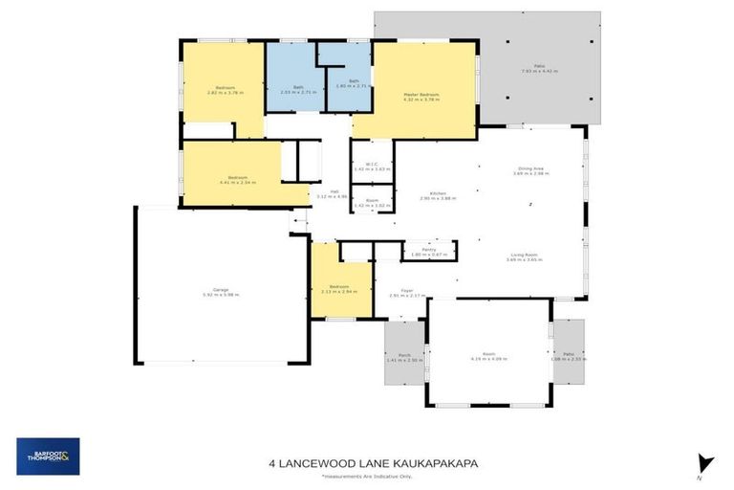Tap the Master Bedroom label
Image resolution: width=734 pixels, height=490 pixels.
pos(421,96)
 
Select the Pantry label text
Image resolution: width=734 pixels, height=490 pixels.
pos(416,251)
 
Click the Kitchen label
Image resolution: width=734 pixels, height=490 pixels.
pos(439,195)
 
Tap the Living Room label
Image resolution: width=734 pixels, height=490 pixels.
pos(527,256)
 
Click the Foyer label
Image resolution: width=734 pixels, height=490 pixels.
pos(406,293)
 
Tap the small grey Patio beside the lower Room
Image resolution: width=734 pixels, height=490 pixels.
pos(569,355)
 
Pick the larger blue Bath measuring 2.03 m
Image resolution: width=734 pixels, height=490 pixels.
pos(291,90)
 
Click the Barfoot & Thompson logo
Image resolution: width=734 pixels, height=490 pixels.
pos(48,456)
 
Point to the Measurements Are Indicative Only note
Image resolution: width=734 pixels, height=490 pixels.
pos(367,476)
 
